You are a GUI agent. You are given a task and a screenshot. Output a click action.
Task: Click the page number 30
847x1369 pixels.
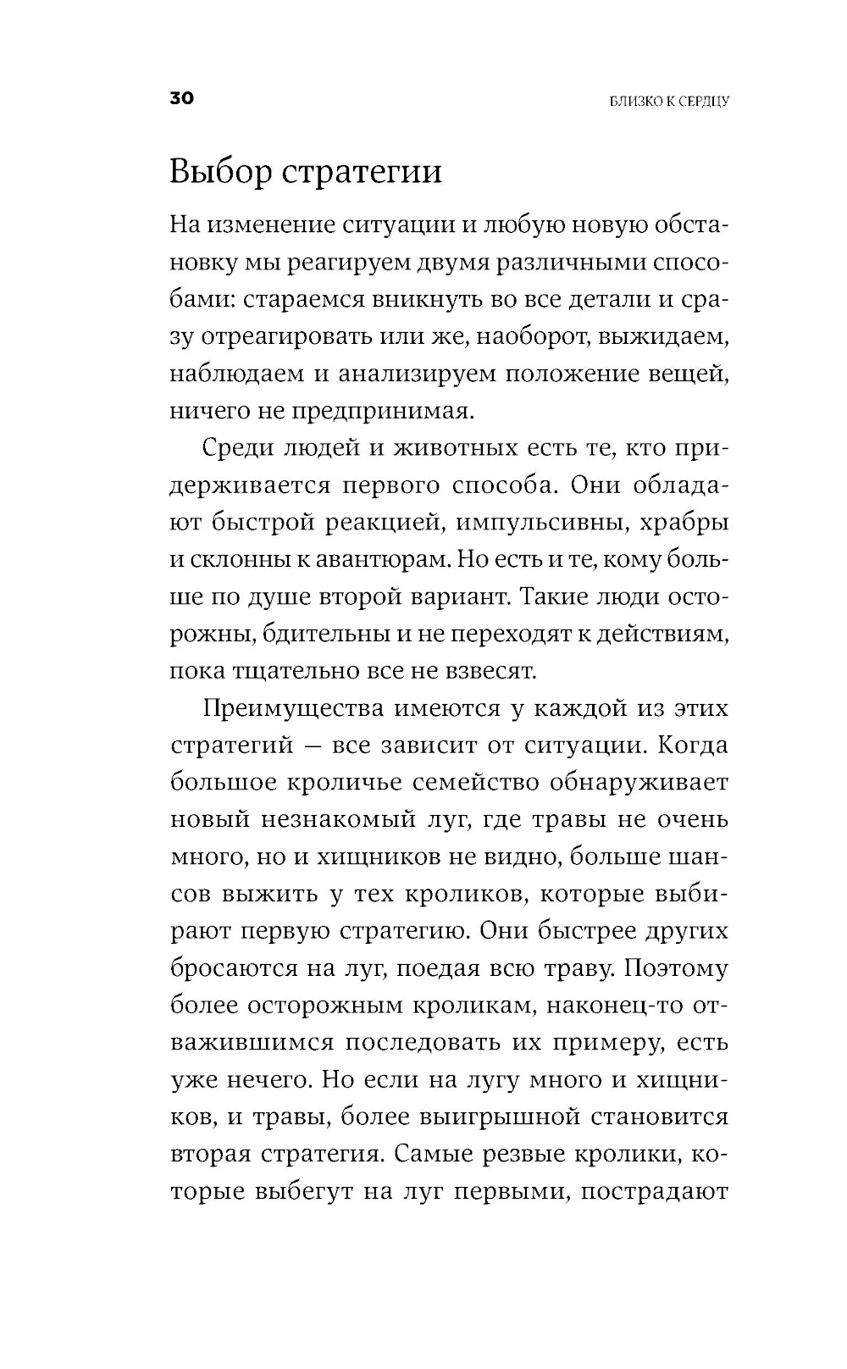tap(182, 98)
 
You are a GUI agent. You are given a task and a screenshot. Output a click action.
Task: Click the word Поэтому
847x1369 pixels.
tap(673, 968)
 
